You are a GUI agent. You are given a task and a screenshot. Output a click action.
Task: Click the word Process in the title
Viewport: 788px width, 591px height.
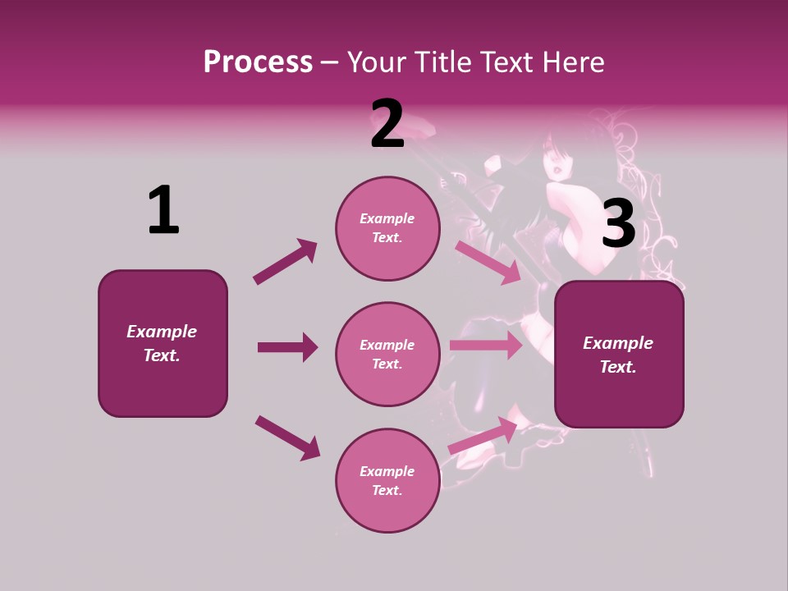point(258,62)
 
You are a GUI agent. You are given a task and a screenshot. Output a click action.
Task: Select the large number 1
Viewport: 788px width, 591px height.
point(163,210)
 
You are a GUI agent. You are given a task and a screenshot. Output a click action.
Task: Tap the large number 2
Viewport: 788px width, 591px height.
point(387,124)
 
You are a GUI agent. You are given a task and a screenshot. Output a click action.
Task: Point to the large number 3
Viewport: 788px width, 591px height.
point(619,224)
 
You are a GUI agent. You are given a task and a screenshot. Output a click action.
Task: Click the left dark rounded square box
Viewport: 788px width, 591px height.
point(163,343)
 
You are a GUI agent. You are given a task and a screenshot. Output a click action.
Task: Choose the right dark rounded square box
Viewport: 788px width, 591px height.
point(619,355)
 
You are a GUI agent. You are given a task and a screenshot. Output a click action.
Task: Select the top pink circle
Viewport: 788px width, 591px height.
point(387,228)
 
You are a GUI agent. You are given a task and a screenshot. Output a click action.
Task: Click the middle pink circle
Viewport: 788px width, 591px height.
point(387,355)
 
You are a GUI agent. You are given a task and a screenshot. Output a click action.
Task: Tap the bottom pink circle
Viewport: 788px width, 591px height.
point(387,481)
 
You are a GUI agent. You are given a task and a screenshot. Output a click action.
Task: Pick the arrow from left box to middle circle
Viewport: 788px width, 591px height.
point(287,347)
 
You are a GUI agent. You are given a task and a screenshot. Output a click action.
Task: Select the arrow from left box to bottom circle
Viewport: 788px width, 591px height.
point(287,438)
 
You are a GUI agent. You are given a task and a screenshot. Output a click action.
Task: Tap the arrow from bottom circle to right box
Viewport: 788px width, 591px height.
point(483,436)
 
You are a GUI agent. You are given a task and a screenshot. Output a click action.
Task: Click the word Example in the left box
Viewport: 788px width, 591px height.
point(162,332)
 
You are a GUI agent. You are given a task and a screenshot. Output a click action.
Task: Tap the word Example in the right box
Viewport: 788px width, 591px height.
point(618,343)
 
